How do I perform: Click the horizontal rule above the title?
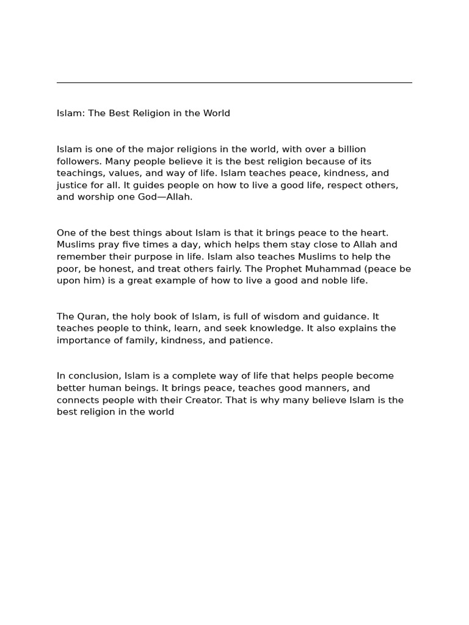[234, 82]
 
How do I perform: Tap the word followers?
[78, 161]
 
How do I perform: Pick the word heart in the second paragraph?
[357, 233]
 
